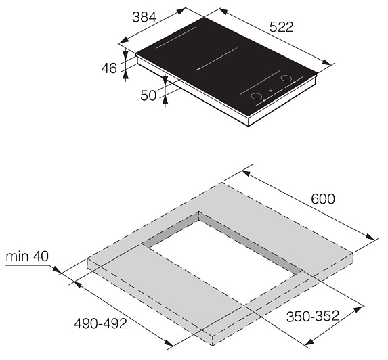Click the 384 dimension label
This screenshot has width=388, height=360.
point(144,18)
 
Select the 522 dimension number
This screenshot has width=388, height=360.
point(281,27)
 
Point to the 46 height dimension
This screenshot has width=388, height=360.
point(109,68)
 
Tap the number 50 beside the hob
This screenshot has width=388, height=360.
point(148,95)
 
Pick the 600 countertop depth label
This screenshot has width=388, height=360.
point(323,199)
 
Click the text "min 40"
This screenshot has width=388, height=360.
point(27,256)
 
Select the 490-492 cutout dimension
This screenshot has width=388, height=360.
point(100,323)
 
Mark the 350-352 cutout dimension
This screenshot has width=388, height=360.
point(313,316)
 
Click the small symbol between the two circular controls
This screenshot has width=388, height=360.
point(271,91)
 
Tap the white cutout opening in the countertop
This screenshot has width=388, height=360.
point(224,261)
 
